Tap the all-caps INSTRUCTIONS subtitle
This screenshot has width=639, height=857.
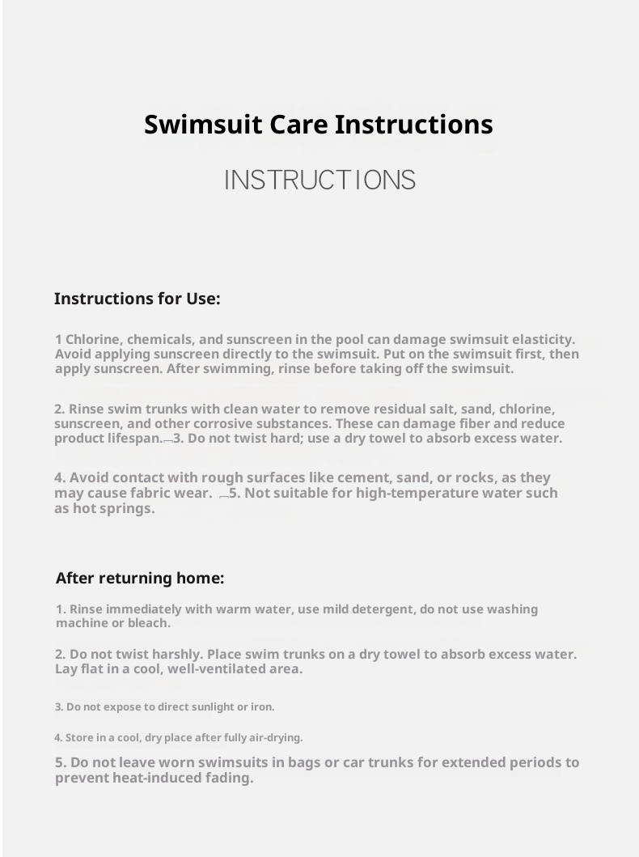click(x=319, y=180)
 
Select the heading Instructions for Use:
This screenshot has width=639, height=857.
click(x=137, y=299)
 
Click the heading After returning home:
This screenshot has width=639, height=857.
click(x=139, y=579)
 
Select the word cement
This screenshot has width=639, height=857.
click(x=342, y=477)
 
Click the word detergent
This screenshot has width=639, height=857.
click(x=370, y=609)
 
